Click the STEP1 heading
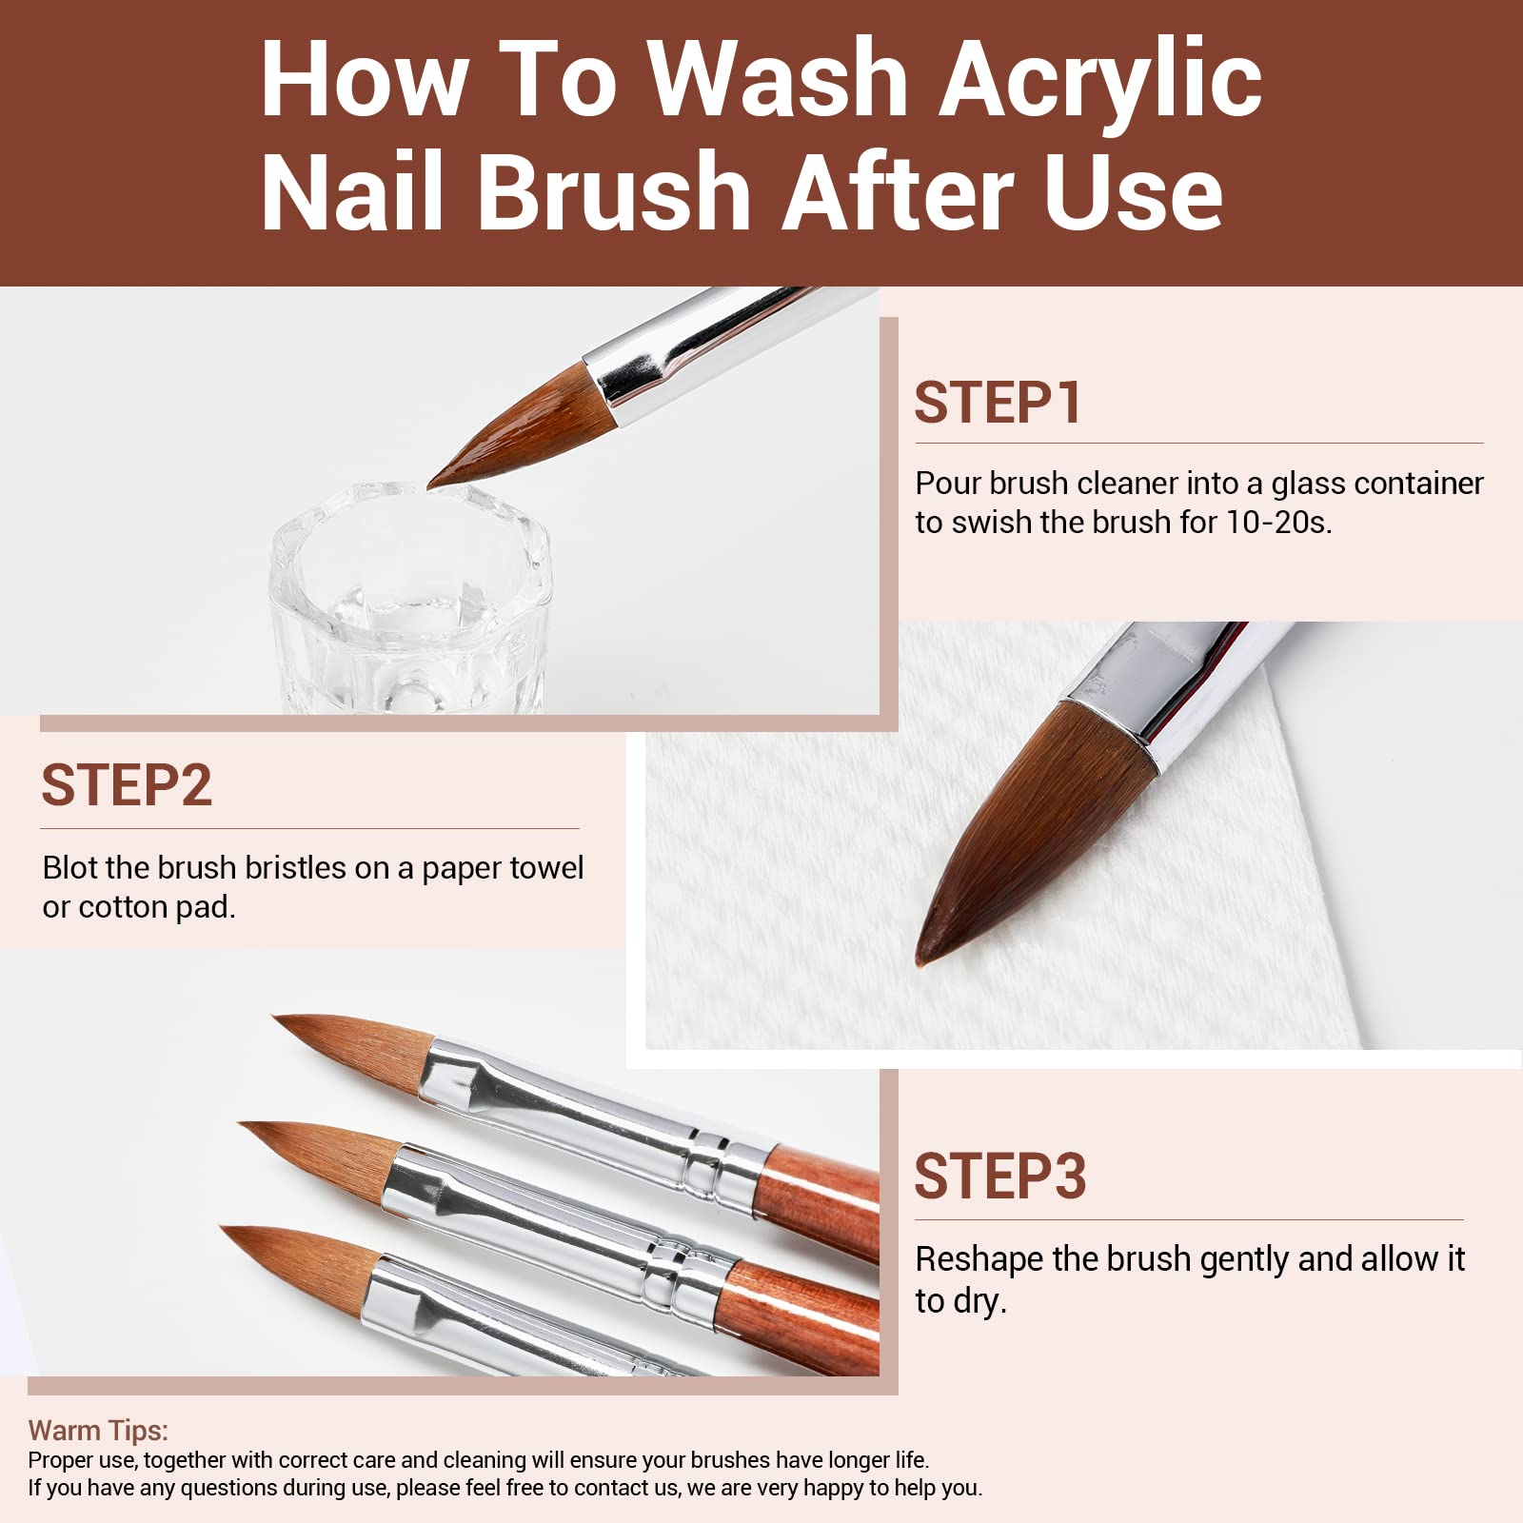pos(997,403)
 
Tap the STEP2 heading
pos(126,785)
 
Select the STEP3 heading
pos(999,1177)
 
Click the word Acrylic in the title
pos(1100,80)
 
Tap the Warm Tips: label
pos(98,1430)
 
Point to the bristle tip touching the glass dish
pos(433,485)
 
